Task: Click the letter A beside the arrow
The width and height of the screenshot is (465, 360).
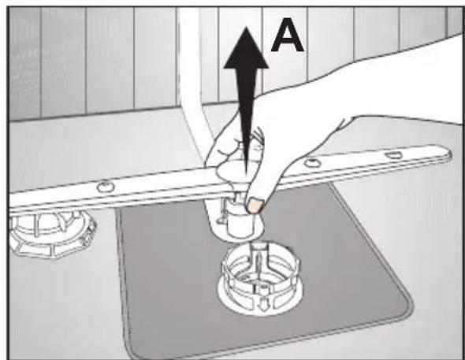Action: tap(287, 35)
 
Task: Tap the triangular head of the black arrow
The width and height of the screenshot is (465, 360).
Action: tap(246, 49)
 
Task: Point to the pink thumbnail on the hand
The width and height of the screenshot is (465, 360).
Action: tap(255, 206)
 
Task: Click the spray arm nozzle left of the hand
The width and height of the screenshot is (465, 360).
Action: tap(106, 187)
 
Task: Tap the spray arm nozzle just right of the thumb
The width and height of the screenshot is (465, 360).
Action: tap(311, 162)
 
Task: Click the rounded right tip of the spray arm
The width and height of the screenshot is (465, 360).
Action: tap(447, 154)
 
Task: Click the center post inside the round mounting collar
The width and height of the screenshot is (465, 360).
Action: tap(259, 261)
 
